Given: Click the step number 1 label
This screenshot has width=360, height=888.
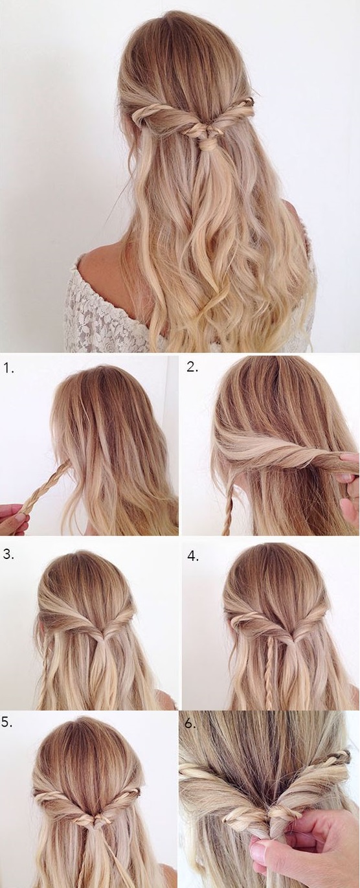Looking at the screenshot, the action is point(8,369).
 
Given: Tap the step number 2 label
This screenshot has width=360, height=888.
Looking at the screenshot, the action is point(193,367).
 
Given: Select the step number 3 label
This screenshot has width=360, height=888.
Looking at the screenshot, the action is point(8,554).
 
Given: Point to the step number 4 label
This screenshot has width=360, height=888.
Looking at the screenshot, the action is point(193,556).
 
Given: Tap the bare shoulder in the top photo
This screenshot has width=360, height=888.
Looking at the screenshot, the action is point(103,262).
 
